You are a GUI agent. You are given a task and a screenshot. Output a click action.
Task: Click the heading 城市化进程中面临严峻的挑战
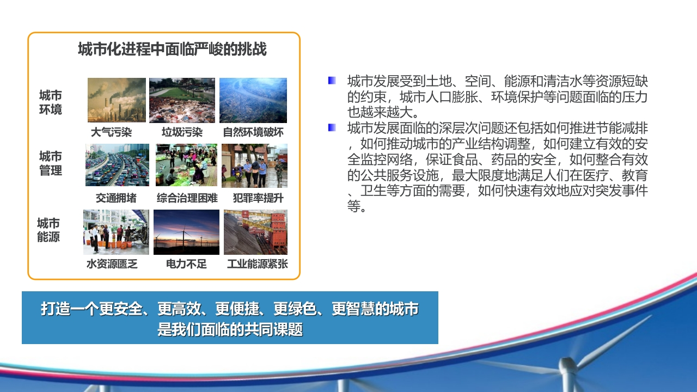pyautogui.click(x=172, y=49)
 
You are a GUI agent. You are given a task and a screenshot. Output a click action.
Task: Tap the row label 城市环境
pyautogui.click(x=51, y=102)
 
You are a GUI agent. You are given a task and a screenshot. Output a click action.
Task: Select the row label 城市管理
pyautogui.click(x=51, y=163)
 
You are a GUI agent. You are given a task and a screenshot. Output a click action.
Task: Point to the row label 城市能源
pyautogui.click(x=48, y=230)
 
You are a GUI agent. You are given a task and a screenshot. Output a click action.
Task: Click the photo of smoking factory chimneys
pyautogui.click(x=117, y=100)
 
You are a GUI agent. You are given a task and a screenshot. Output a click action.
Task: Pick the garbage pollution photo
pyautogui.click(x=182, y=100)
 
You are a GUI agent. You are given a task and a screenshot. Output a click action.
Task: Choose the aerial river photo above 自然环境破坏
pyautogui.click(x=253, y=100)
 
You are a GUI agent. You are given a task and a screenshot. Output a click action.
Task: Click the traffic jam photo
pyautogui.click(x=117, y=165)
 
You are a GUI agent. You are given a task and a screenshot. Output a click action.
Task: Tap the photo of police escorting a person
pyautogui.click(x=254, y=166)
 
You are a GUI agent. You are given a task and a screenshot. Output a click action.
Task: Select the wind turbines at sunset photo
pyautogui.click(x=186, y=232)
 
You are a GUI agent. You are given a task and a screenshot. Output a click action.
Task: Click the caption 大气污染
pyautogui.click(x=112, y=132)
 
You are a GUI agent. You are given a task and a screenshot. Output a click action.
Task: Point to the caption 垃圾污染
pyautogui.click(x=182, y=132)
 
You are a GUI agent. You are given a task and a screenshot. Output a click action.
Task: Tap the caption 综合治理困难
pyautogui.click(x=187, y=198)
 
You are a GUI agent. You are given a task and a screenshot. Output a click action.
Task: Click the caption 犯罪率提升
pyautogui.click(x=258, y=198)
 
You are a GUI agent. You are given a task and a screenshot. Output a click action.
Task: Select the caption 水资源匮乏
pyautogui.click(x=112, y=264)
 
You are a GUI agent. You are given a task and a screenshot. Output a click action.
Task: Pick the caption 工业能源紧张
pyautogui.click(x=258, y=264)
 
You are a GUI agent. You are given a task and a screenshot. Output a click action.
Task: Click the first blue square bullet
pyautogui.click(x=332, y=81)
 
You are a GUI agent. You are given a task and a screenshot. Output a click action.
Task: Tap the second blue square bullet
pyautogui.click(x=332, y=127)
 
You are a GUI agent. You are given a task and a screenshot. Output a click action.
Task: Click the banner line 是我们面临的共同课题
pyautogui.click(x=230, y=329)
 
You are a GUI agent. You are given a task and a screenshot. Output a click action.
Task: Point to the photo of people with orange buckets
pyautogui.click(x=116, y=232)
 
